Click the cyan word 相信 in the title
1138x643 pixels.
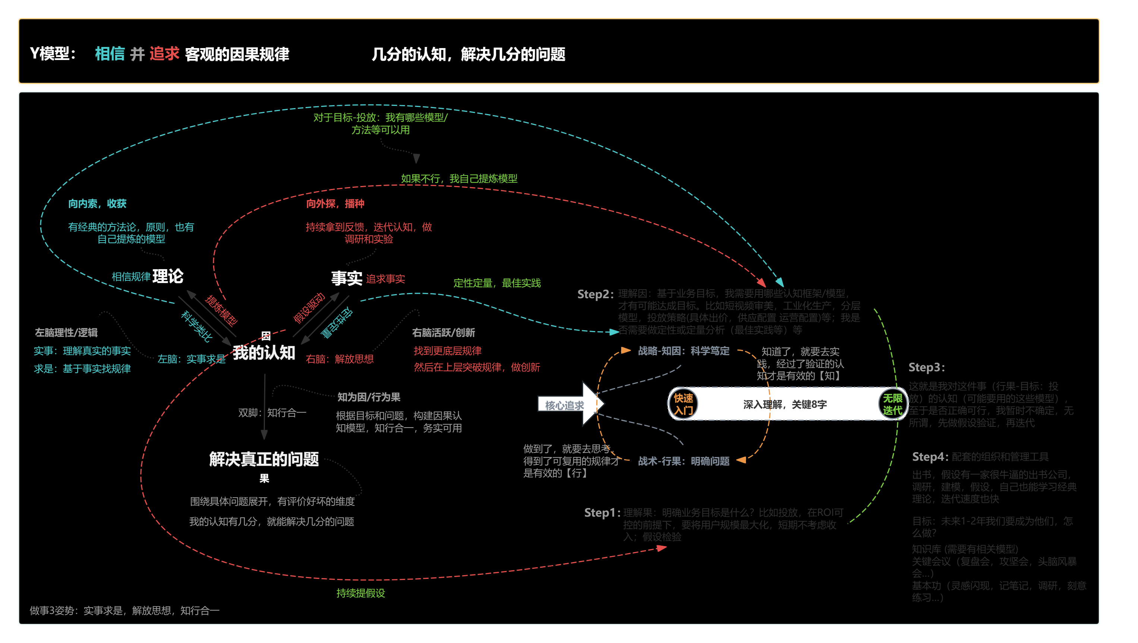(x=110, y=54)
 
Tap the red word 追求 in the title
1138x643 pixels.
(x=164, y=54)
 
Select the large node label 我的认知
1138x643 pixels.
(x=264, y=353)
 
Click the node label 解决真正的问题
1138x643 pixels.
(x=264, y=459)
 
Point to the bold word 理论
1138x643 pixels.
(x=168, y=277)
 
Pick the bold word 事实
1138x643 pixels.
(x=347, y=278)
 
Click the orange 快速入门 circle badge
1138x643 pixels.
(x=683, y=404)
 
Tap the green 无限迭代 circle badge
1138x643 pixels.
(x=892, y=404)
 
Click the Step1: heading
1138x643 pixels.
(x=602, y=513)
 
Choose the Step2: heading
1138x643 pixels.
(x=595, y=294)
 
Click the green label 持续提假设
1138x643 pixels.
(x=360, y=593)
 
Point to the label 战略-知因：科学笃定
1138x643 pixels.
(x=683, y=351)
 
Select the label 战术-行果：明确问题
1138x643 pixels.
(x=683, y=461)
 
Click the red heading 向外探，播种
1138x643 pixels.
(x=335, y=204)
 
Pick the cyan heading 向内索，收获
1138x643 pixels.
(x=97, y=204)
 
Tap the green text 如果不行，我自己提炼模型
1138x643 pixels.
(x=459, y=179)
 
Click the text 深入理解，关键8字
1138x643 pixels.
(x=785, y=404)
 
